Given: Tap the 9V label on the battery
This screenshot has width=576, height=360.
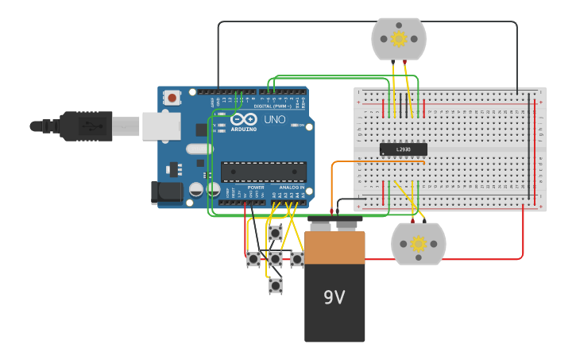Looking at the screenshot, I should [x=334, y=297].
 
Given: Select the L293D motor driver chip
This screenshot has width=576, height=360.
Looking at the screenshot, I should [x=403, y=149].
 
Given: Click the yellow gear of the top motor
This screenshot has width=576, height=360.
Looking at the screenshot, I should [x=399, y=38].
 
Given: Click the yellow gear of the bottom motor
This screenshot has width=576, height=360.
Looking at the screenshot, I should [x=418, y=244].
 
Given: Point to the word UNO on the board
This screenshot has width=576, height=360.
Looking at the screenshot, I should [x=274, y=119].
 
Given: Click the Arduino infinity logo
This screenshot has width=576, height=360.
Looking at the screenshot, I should [x=244, y=118].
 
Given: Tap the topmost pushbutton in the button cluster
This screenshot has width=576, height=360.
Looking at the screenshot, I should [x=275, y=233].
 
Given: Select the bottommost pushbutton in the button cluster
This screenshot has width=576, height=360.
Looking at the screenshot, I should [x=275, y=285].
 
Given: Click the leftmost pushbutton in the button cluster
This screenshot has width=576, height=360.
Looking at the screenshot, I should [x=253, y=258].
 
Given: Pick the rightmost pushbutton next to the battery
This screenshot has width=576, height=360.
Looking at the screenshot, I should [x=296, y=258].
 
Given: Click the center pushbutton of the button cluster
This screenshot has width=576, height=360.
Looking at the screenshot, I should [x=275, y=258].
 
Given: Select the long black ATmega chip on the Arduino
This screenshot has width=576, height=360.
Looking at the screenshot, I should [x=263, y=172].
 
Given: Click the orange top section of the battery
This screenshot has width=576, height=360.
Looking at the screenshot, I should [x=334, y=247].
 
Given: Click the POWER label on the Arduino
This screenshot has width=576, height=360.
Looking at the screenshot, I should [x=255, y=188].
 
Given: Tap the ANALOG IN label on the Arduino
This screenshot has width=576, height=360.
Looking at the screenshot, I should [x=291, y=188].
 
